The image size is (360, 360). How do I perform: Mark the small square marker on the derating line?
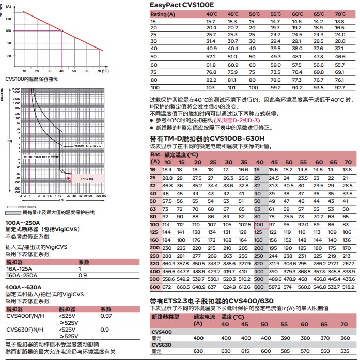(61, 31)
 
